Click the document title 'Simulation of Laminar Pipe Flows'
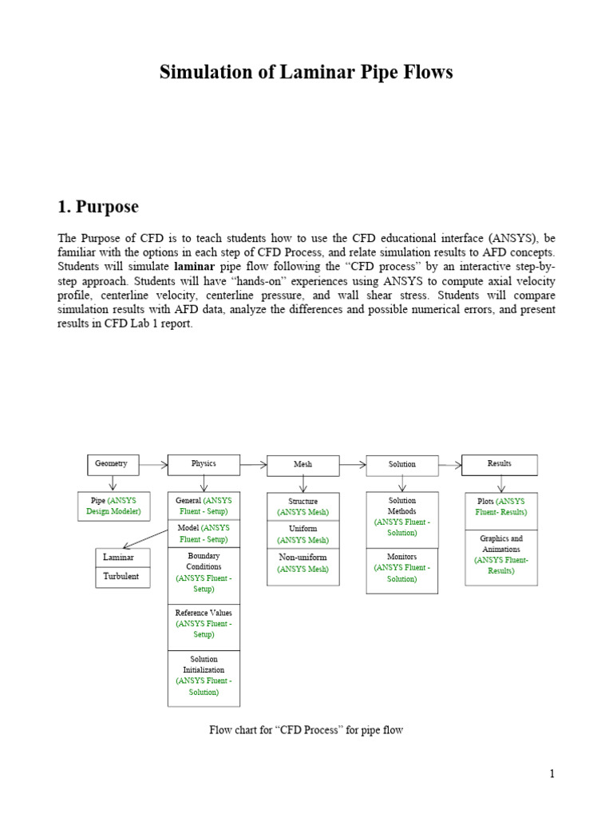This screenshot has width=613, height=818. click(x=306, y=73)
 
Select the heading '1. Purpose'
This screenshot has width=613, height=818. click(x=98, y=207)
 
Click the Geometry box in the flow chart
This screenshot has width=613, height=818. click(x=112, y=464)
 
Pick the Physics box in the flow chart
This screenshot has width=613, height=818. click(x=204, y=464)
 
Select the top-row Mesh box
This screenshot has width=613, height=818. click(x=303, y=465)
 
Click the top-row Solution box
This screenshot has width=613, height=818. click(x=402, y=465)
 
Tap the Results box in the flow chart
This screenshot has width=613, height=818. click(x=500, y=464)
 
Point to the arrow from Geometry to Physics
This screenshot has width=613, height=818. click(x=152, y=464)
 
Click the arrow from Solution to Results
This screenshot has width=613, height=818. click(x=449, y=464)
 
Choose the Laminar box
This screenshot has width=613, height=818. click(x=122, y=557)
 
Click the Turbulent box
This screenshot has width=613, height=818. click(x=122, y=576)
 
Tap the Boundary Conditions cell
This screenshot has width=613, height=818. click(x=204, y=572)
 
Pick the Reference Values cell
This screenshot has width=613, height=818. click(x=204, y=624)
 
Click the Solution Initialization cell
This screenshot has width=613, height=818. click(x=204, y=676)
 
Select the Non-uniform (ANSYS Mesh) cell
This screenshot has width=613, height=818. click(x=303, y=563)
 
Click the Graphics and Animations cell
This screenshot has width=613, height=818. click(x=500, y=555)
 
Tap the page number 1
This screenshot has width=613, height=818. click(x=551, y=774)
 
